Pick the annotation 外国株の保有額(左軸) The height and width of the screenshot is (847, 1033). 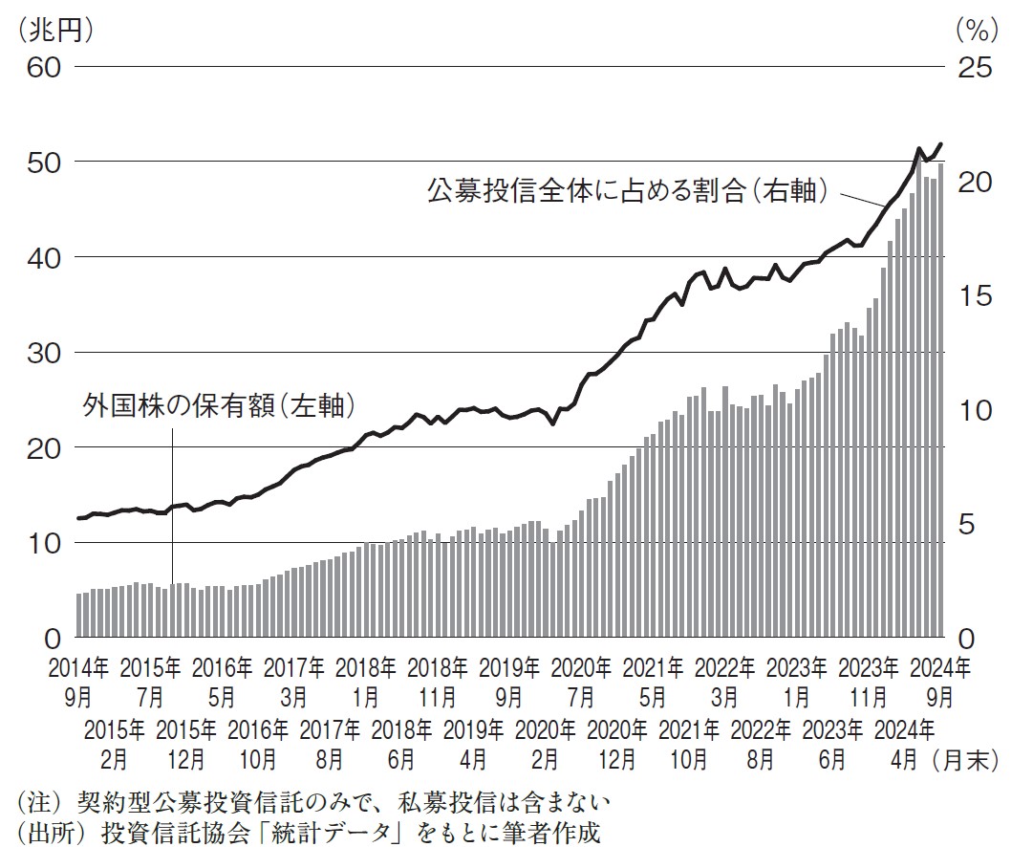(x=219, y=405)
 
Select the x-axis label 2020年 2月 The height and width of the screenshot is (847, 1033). (x=546, y=746)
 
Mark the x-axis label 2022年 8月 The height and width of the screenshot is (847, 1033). (x=761, y=746)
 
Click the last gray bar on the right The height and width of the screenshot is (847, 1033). (x=941, y=402)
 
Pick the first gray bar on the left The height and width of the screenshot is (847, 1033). (x=79, y=616)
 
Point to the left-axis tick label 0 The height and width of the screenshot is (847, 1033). (x=52, y=638)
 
